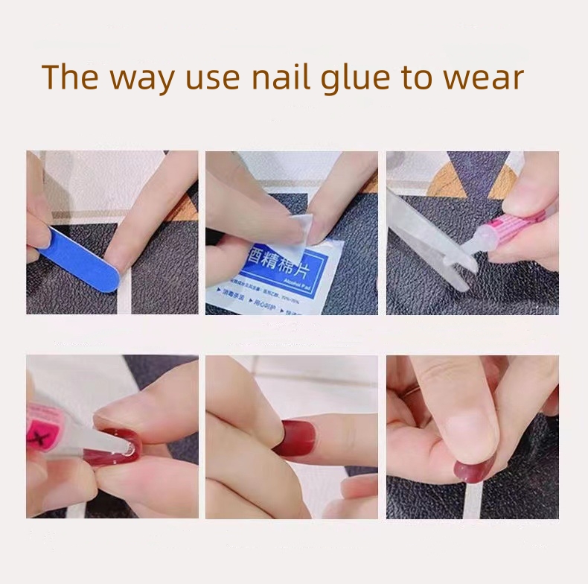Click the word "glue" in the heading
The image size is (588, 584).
(x=358, y=78)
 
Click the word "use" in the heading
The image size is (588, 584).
(x=212, y=78)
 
